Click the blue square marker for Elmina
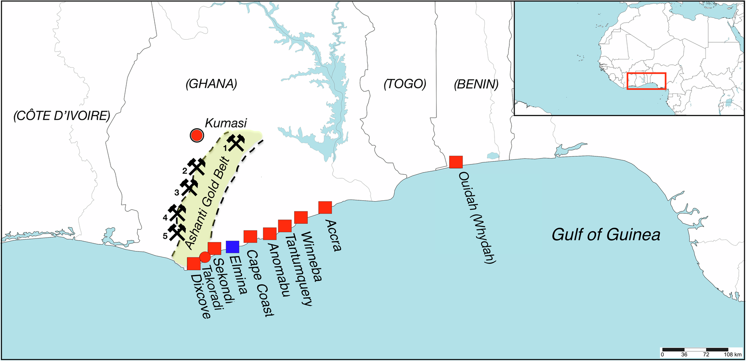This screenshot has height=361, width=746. tap(232, 247)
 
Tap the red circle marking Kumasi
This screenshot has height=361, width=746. tap(197, 136)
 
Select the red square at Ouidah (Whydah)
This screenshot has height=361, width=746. tap(456, 162)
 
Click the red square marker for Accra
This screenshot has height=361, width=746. tap(325, 207)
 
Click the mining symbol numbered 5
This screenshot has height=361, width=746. tap(177, 232)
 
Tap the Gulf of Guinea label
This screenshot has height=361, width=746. tap(606, 234)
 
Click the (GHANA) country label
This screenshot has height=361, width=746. tap(211, 84)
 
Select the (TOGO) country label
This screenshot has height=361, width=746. tap(405, 84)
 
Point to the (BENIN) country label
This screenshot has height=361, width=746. tap(476, 84)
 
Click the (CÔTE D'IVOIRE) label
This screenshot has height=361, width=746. tap(62, 116)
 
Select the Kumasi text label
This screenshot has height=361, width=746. tap(226, 123)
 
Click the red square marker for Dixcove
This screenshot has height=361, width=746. tap(194, 263)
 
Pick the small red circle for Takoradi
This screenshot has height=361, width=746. tap(205, 257)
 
